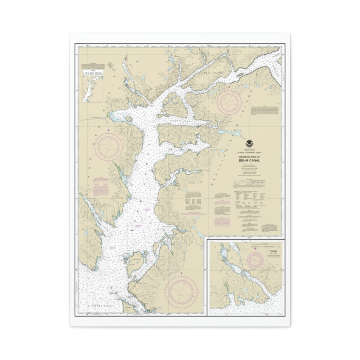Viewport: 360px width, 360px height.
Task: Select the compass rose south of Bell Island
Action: click(229, 102)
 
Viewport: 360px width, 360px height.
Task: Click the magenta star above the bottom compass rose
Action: click(181, 273)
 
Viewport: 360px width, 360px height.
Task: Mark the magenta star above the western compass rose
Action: click(109, 131)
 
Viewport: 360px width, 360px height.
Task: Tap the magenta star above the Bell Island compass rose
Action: click(229, 87)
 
